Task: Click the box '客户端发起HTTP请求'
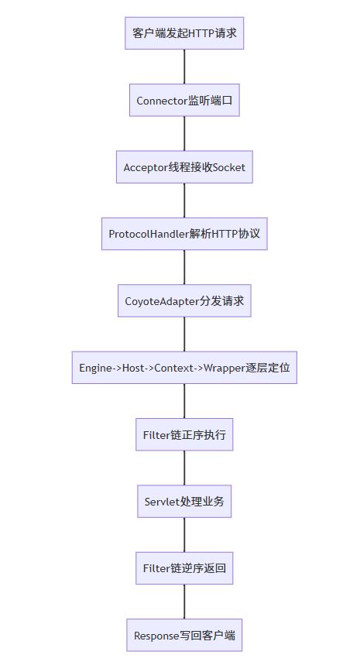(x=184, y=33)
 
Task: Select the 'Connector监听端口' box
(x=184, y=101)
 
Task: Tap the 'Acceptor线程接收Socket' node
(x=184, y=167)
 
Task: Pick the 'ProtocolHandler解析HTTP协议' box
(x=184, y=234)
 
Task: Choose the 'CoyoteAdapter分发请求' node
(x=184, y=301)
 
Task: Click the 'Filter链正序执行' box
(x=184, y=434)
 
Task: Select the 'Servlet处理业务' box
(x=184, y=502)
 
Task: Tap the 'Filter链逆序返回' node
(x=184, y=568)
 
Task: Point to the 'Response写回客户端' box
(x=184, y=635)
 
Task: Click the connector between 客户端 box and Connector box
(x=184, y=67)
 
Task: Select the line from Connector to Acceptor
(x=184, y=134)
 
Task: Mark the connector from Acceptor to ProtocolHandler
(x=184, y=201)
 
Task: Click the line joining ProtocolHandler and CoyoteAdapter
(x=184, y=267)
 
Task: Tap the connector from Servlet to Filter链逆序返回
(x=184, y=535)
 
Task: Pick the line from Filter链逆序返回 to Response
(x=184, y=602)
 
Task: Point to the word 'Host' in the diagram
(x=132, y=368)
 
